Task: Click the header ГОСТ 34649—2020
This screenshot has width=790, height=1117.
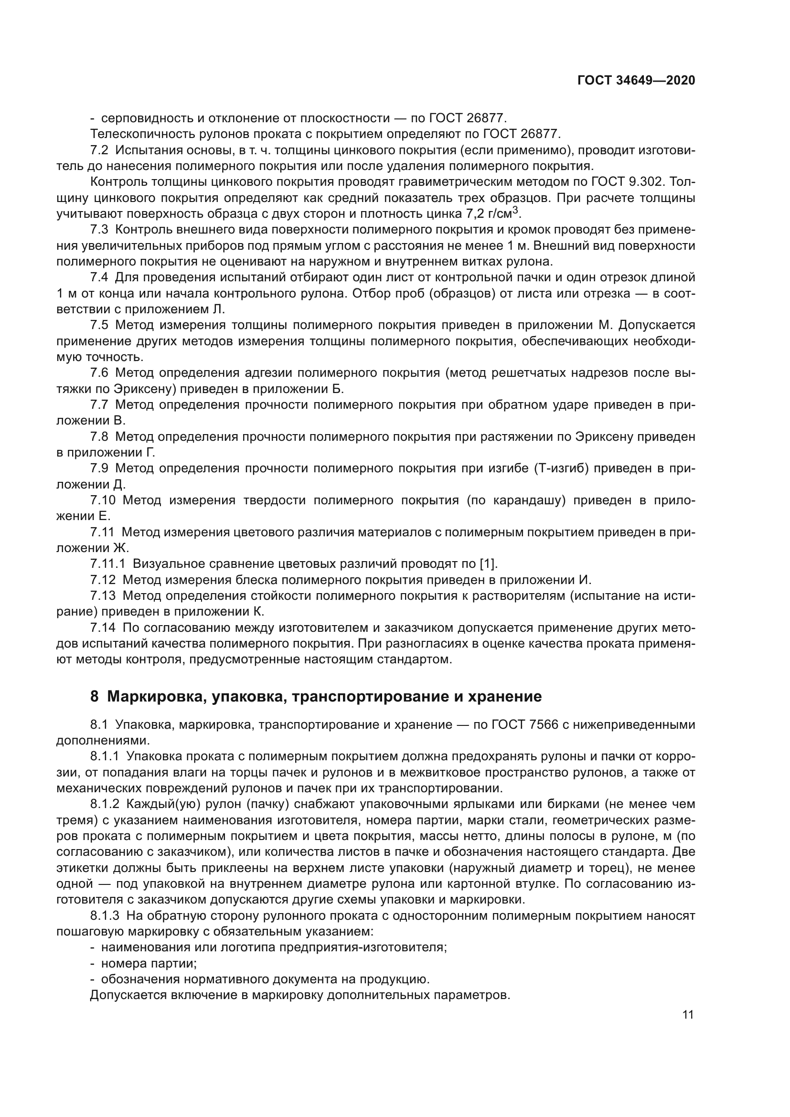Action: point(636,80)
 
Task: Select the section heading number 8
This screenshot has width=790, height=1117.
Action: point(95,697)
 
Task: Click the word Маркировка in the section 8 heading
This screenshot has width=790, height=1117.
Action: point(152,697)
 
